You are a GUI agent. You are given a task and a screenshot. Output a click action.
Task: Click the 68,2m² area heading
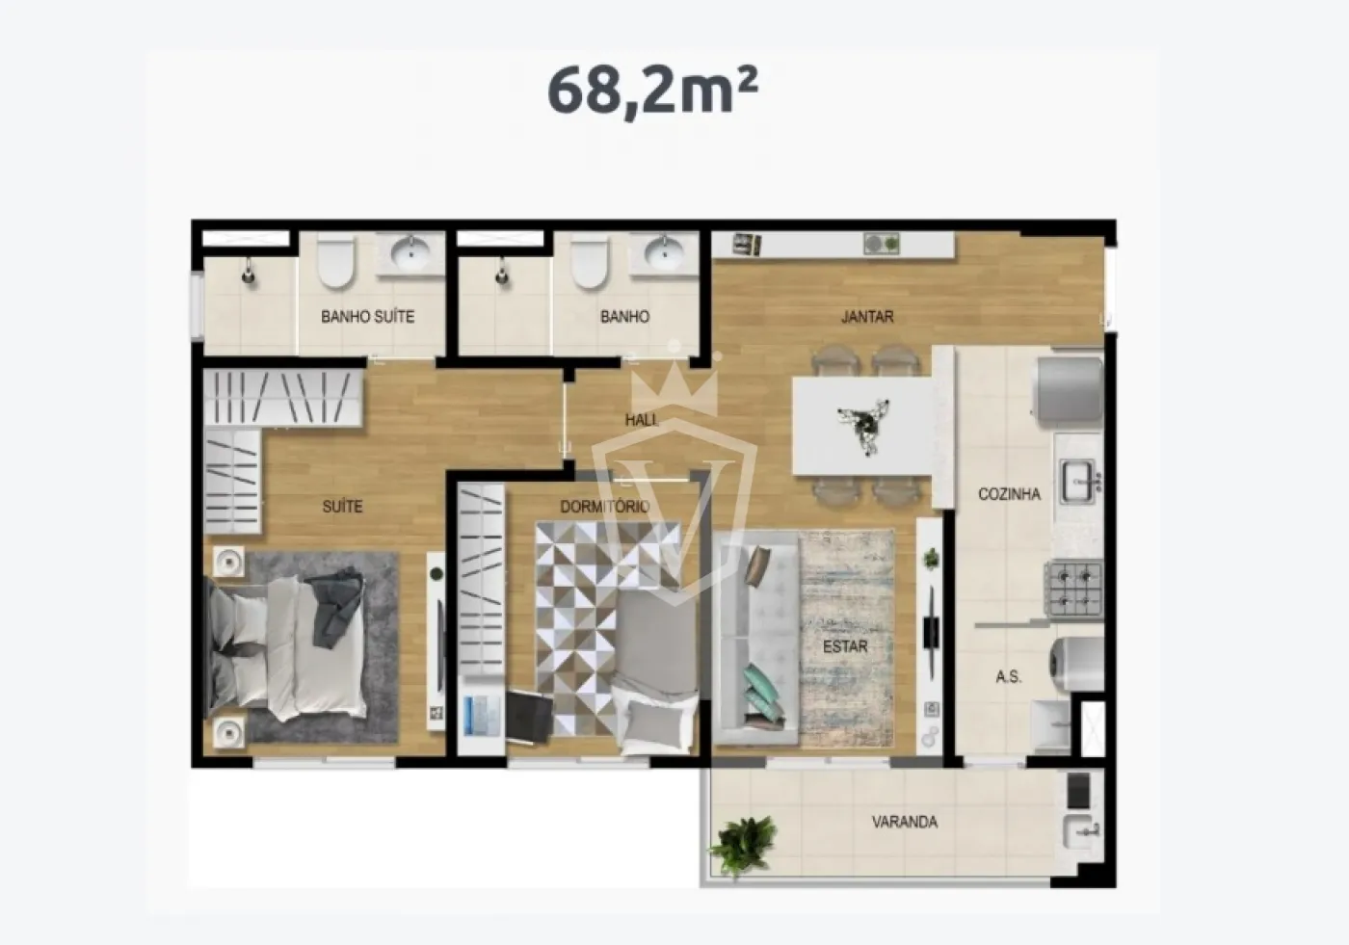[x=652, y=91]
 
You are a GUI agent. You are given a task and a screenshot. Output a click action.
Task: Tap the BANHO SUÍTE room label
[x=367, y=317]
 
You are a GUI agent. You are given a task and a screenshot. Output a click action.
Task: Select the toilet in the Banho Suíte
[x=335, y=262]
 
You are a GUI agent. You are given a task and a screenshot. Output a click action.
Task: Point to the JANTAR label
[x=867, y=317]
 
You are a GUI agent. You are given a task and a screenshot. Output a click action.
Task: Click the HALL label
[x=642, y=420]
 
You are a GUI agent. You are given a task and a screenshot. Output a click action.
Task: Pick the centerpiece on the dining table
[x=864, y=426]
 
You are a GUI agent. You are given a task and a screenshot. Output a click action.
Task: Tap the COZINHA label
[x=1010, y=494]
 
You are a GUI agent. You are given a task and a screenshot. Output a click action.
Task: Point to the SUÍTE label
[x=343, y=506]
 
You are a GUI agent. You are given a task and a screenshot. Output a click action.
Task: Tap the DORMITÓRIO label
[x=605, y=507]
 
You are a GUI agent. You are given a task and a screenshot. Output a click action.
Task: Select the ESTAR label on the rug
[x=845, y=646]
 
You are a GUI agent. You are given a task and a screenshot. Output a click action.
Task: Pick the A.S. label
[x=1008, y=677]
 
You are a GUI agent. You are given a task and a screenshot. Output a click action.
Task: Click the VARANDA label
[x=905, y=823]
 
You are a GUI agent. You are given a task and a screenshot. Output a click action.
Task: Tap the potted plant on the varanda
[x=744, y=845]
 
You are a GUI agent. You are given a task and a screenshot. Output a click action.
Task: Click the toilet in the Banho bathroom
[x=589, y=262]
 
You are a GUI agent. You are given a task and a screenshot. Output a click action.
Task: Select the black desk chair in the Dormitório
[x=529, y=716]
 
